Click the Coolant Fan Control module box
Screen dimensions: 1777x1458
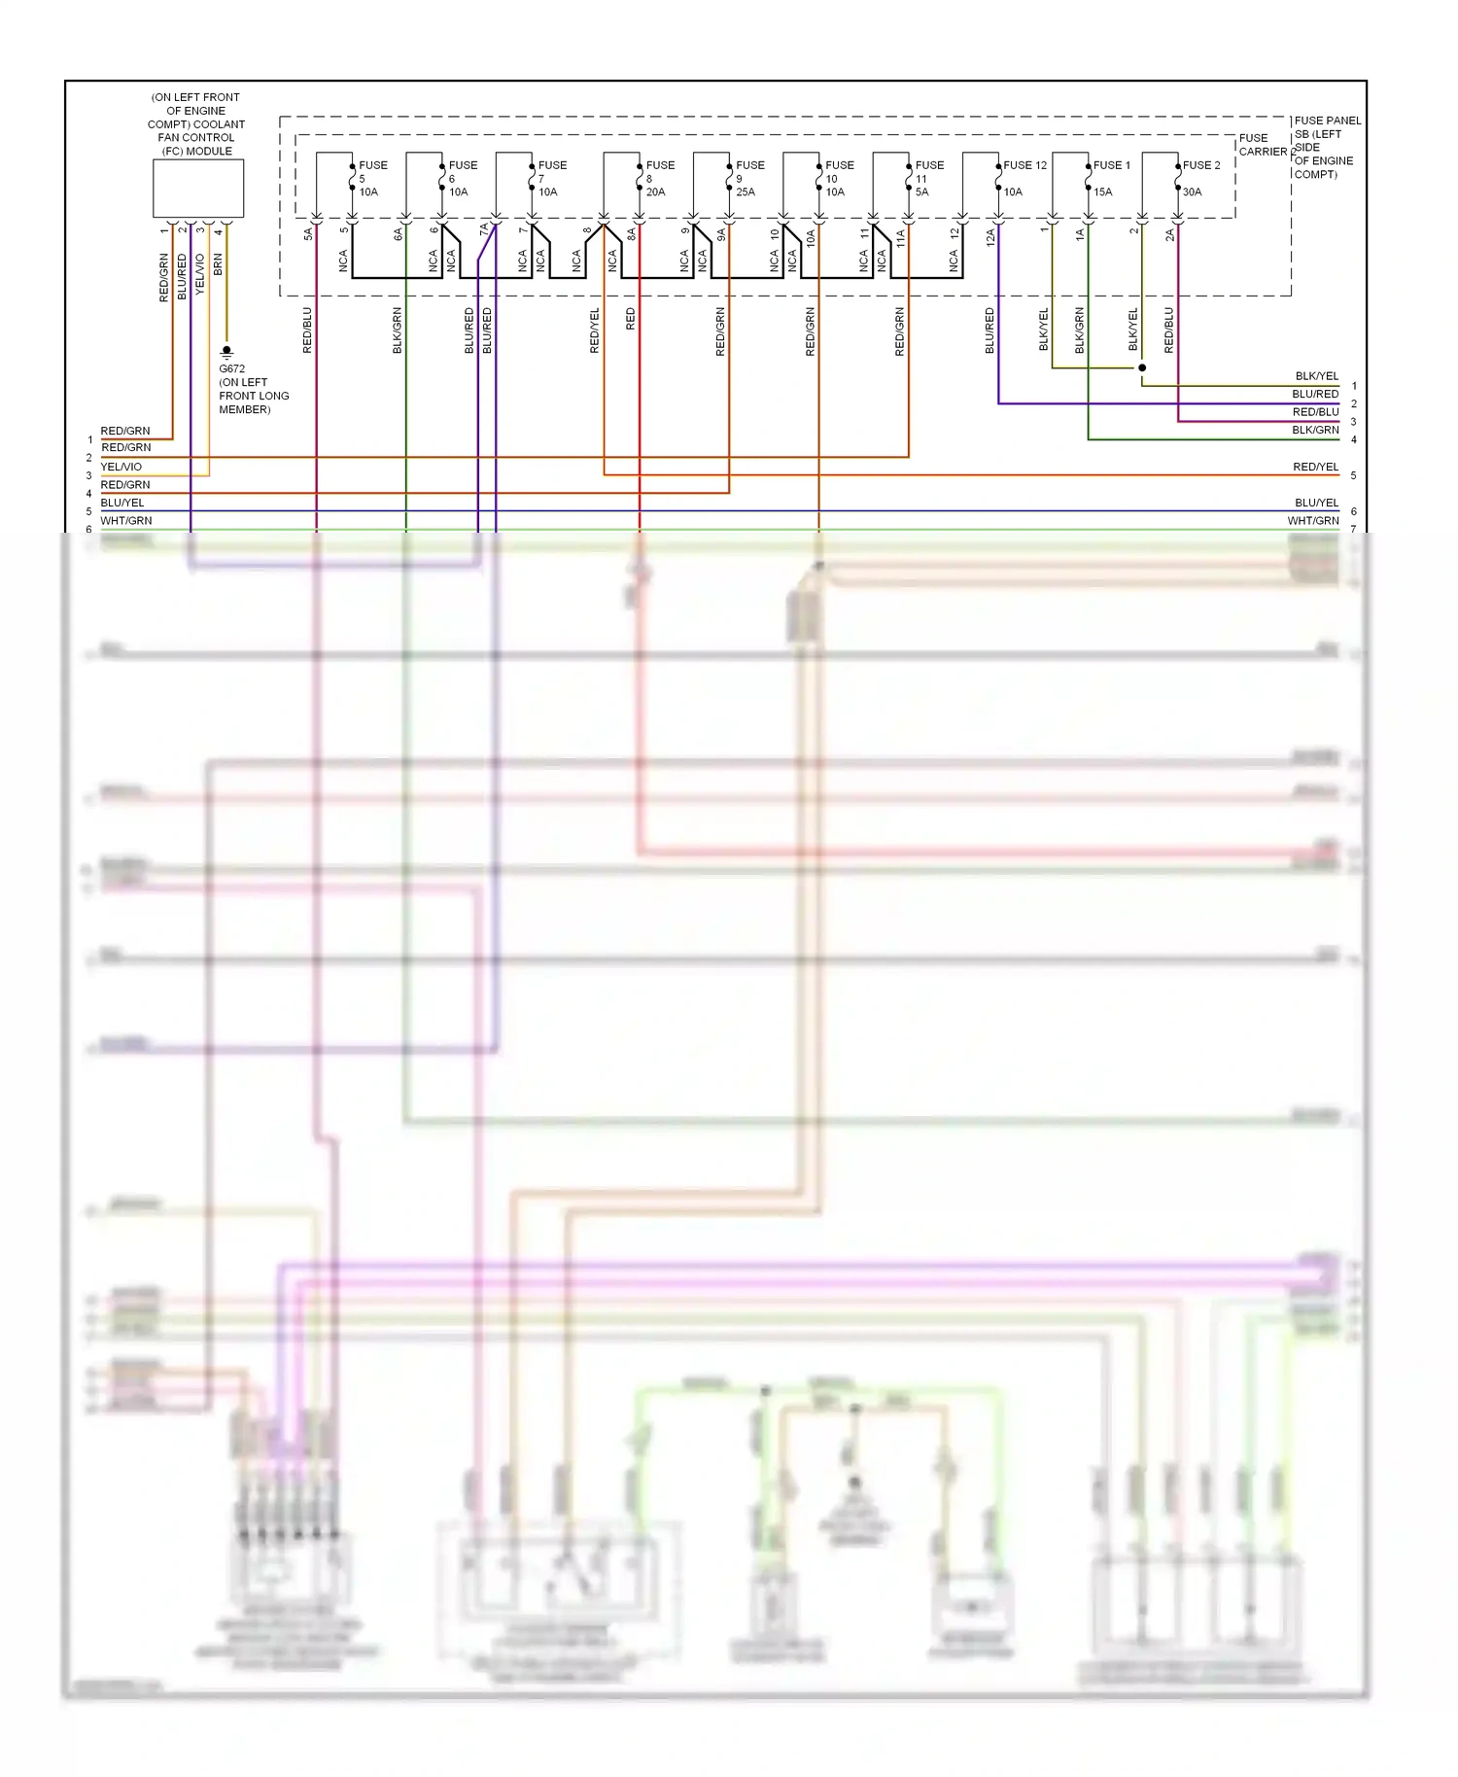tap(198, 188)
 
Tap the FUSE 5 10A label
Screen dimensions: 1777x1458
tap(371, 178)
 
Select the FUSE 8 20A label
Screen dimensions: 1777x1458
tap(659, 178)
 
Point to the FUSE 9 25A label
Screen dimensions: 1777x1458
tap(748, 178)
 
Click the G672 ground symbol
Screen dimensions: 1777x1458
tap(226, 351)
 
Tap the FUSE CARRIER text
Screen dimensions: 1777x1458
tap(1262, 145)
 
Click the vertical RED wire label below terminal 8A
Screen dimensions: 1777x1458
tap(630, 319)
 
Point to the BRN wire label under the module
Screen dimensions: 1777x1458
tap(218, 264)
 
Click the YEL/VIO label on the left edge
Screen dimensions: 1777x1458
tap(121, 467)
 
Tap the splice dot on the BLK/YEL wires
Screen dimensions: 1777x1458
tap(1142, 367)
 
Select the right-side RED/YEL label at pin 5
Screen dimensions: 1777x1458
tap(1315, 467)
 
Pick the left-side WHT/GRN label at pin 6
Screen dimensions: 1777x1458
tap(126, 521)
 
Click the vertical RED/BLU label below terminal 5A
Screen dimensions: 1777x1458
tap(307, 331)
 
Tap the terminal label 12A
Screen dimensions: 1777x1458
tap(990, 236)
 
